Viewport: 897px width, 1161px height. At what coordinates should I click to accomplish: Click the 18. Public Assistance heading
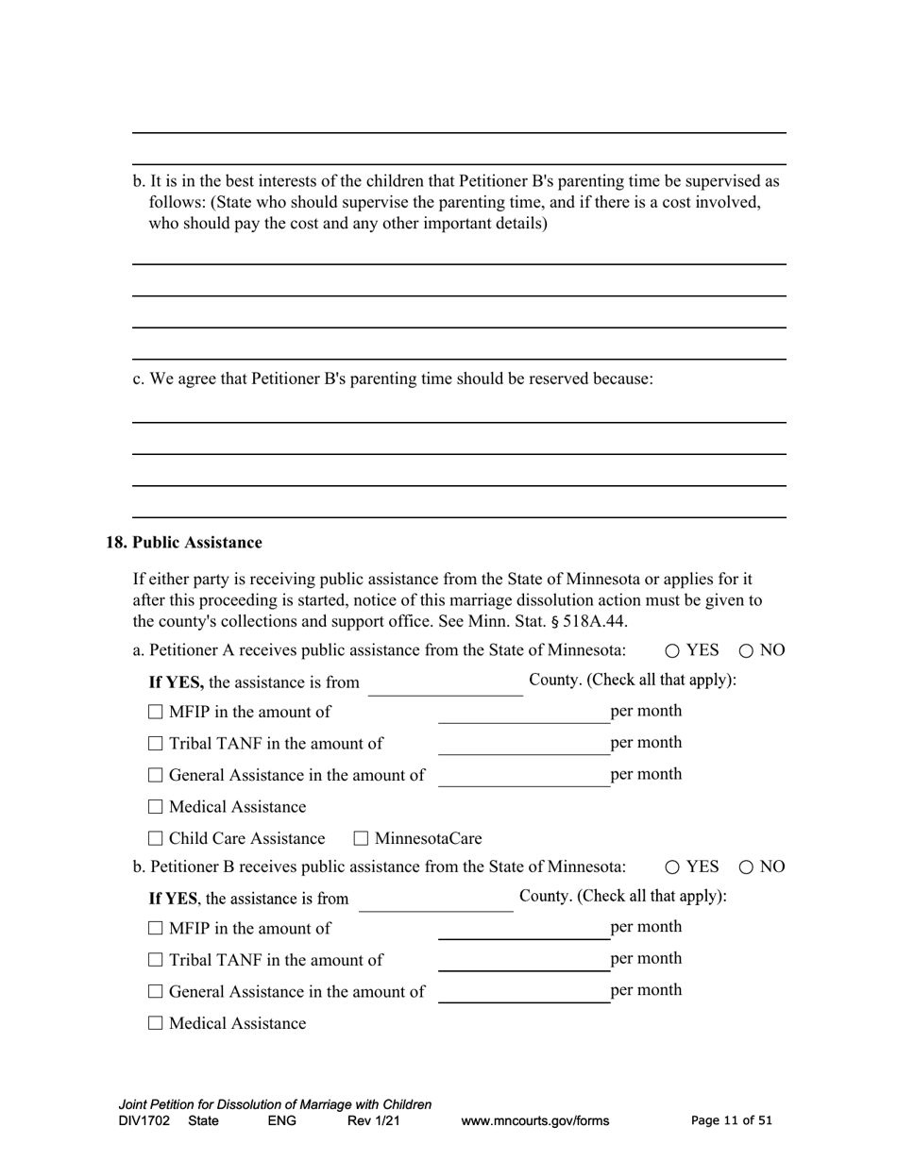click(184, 543)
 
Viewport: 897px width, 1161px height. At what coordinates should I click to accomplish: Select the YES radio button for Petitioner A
click(672, 650)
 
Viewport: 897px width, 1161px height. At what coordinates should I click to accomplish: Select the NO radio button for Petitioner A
click(746, 650)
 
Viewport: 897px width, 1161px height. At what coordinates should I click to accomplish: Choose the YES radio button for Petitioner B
click(672, 867)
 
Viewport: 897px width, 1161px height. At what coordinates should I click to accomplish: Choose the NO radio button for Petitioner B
click(746, 867)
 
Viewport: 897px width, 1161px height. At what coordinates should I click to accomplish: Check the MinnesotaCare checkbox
click(361, 838)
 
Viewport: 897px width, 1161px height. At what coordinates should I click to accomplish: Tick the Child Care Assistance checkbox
click(156, 838)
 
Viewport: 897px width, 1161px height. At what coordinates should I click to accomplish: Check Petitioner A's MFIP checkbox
click(156, 713)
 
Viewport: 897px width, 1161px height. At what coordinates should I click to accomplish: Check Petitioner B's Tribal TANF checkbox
click(156, 961)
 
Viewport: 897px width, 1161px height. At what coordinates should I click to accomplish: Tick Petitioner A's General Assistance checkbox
click(156, 776)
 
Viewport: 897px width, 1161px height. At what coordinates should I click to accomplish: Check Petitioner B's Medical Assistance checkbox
click(156, 1023)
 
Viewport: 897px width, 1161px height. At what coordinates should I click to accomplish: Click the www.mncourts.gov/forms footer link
click(534, 1121)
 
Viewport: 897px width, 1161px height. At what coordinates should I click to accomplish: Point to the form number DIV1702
click(144, 1121)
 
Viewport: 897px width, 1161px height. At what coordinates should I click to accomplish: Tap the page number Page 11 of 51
click(732, 1121)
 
